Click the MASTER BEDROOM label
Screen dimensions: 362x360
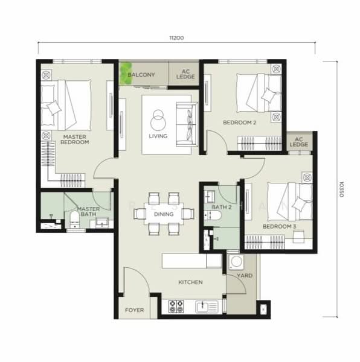[x=76, y=139]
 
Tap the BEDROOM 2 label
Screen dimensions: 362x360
[x=240, y=122]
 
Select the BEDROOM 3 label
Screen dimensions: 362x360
[x=279, y=226]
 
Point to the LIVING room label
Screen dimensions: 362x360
[x=158, y=136]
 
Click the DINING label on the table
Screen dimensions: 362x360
[x=164, y=214]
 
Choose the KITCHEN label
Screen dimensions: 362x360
[x=190, y=282]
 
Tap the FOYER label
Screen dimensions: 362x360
[x=134, y=310]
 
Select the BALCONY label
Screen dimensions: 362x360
[x=142, y=75]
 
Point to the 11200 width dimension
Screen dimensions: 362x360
[x=176, y=37]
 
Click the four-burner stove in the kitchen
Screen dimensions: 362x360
[x=177, y=306]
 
